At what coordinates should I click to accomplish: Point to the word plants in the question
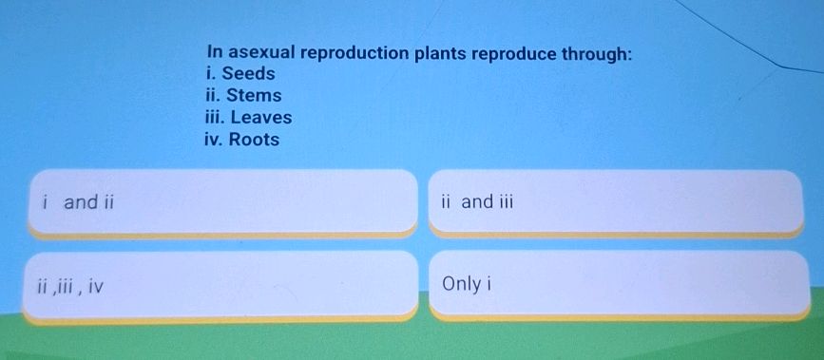coord(442,53)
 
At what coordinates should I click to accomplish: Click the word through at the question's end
coord(595,53)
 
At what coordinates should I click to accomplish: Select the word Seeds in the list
coord(248,74)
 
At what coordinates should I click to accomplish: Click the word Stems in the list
coord(253,96)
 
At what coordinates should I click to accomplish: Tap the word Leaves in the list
coord(261,118)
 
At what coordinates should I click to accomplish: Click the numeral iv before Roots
coord(214,140)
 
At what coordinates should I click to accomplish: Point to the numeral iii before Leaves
coord(214,118)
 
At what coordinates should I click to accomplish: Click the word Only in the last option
coord(461,284)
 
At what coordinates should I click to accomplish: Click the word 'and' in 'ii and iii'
coord(477,201)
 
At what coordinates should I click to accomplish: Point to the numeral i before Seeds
coord(209,74)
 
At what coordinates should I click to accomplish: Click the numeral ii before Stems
coord(211,96)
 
